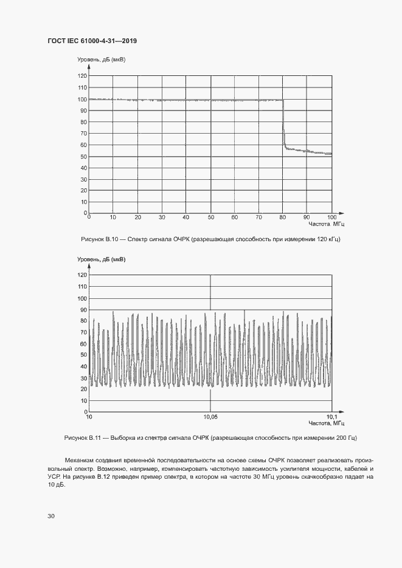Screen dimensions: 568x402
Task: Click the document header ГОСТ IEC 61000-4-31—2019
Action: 92,41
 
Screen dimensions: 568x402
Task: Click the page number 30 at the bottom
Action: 51,516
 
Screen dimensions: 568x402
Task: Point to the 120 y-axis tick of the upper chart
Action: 82,77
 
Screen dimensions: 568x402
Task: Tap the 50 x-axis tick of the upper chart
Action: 210,217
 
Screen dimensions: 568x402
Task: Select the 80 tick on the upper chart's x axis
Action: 283,217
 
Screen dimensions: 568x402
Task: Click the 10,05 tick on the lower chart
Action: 210,417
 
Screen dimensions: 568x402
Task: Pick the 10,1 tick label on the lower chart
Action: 331,417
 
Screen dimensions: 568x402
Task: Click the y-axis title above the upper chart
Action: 101,60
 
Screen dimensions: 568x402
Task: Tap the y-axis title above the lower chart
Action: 101,259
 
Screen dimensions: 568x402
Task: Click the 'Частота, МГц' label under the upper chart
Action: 326,224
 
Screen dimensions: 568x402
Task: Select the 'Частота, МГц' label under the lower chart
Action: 326,423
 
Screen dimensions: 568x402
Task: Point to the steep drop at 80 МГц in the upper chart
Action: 283,125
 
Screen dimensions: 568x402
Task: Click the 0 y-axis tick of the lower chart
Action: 85,412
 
